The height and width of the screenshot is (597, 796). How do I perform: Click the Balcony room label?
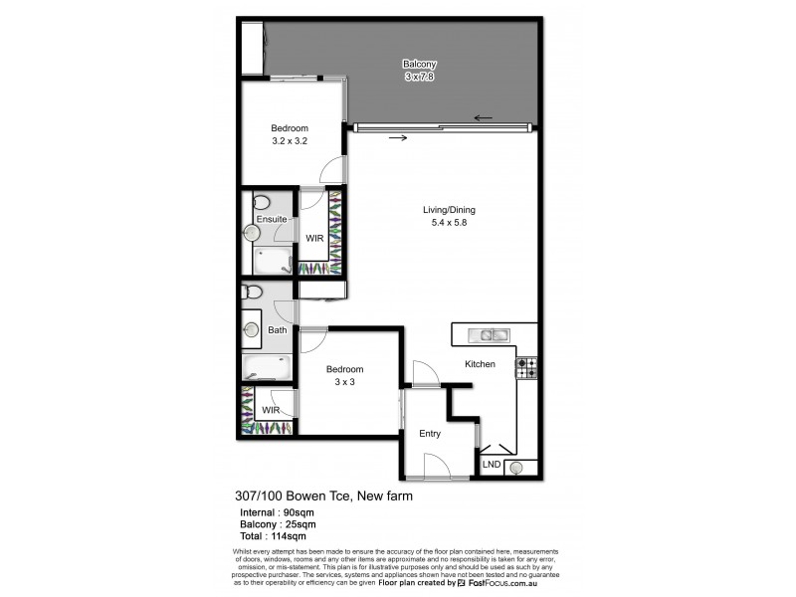(x=419, y=64)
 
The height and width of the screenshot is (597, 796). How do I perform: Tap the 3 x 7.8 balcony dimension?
(x=419, y=76)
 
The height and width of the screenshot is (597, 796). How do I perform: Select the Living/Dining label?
(x=450, y=210)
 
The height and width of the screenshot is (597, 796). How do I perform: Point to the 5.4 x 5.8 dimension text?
(x=450, y=223)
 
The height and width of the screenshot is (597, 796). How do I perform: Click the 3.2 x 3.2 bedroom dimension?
(x=291, y=141)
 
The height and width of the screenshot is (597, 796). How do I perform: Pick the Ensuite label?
(x=272, y=219)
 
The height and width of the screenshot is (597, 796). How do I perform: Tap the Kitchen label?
(x=480, y=364)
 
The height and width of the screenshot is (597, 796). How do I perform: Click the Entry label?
(x=430, y=433)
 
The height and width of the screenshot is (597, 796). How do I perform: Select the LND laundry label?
(x=492, y=465)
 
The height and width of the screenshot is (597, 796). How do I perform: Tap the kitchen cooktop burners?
(x=525, y=368)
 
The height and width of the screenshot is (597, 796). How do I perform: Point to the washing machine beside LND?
(x=516, y=466)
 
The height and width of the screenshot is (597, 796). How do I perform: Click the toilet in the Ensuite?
(x=261, y=203)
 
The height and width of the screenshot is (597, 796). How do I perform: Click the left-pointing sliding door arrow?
(x=484, y=117)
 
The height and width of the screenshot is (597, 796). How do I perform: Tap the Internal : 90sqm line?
(x=275, y=511)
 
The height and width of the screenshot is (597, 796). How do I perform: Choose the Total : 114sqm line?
(x=272, y=535)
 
